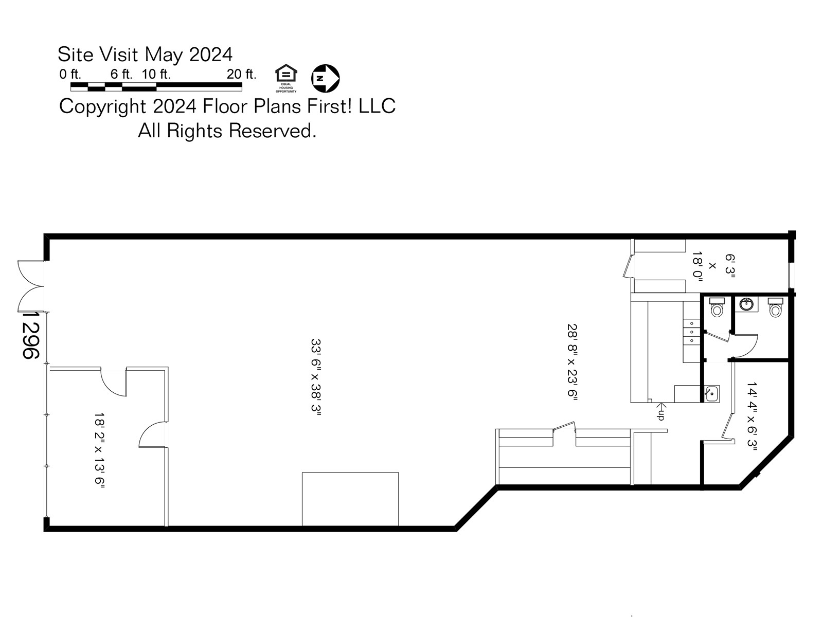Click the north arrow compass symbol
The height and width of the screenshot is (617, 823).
click(326, 78)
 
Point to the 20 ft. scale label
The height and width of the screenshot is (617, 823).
click(241, 74)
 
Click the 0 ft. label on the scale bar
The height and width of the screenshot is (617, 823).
click(70, 74)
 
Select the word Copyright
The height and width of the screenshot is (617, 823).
click(102, 106)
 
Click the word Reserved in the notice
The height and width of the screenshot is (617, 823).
click(272, 131)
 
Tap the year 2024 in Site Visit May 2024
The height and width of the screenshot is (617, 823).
click(211, 54)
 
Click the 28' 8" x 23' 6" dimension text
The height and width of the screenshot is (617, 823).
click(572, 362)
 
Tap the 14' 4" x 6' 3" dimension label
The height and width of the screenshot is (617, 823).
click(752, 416)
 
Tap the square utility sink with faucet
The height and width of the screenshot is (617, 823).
click(712, 394)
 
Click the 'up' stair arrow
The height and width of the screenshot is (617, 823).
click(660, 411)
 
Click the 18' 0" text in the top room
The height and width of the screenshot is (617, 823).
click(697, 265)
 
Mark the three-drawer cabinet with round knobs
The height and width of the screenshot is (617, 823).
click(691, 332)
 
